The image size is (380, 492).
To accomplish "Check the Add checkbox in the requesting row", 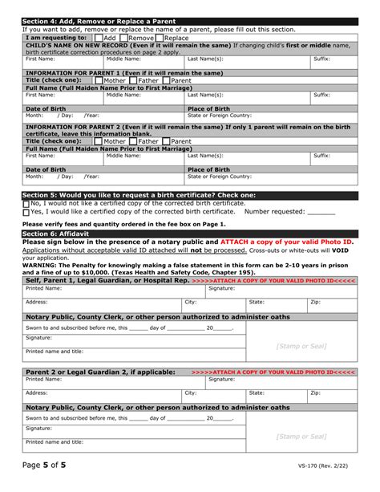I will coord(98,37).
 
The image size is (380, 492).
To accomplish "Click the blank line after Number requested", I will coord(321,213).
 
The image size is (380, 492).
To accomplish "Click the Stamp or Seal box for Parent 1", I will coord(300,346).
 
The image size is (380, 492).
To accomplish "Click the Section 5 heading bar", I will coord(189,195).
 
